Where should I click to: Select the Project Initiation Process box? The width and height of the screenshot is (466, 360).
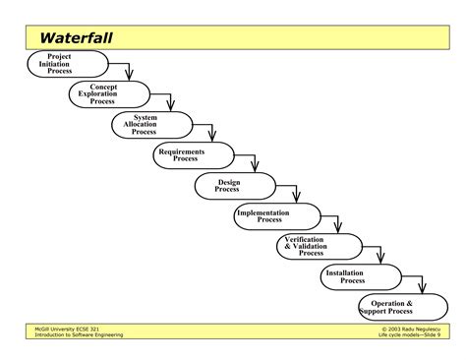[x=59, y=64]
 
